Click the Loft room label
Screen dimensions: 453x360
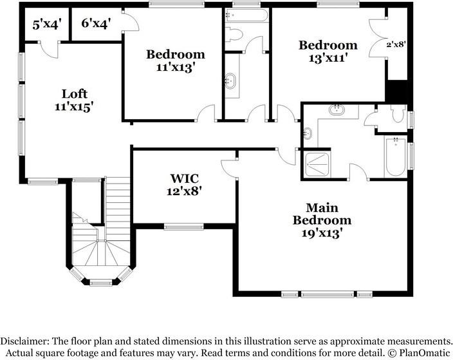pos(75,94)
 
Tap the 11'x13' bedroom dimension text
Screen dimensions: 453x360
pos(174,68)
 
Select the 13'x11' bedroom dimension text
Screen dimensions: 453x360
pos(328,58)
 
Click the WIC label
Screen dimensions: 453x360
pos(184,178)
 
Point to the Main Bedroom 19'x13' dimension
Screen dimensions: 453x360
pos(322,233)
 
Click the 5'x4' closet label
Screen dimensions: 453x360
pos(47,24)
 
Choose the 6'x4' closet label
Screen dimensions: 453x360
pos(96,23)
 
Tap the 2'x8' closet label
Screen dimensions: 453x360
pos(396,44)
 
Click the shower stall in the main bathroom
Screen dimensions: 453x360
pos(317,164)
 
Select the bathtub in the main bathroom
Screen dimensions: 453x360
pos(396,156)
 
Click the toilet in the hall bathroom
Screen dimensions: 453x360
pos(234,35)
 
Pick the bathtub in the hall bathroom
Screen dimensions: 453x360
pos(247,15)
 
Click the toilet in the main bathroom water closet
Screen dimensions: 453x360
pos(398,113)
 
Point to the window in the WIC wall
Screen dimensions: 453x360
pos(184,227)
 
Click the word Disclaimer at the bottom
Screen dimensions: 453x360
pos(24,341)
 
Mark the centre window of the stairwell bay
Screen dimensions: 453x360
pos(101,283)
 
